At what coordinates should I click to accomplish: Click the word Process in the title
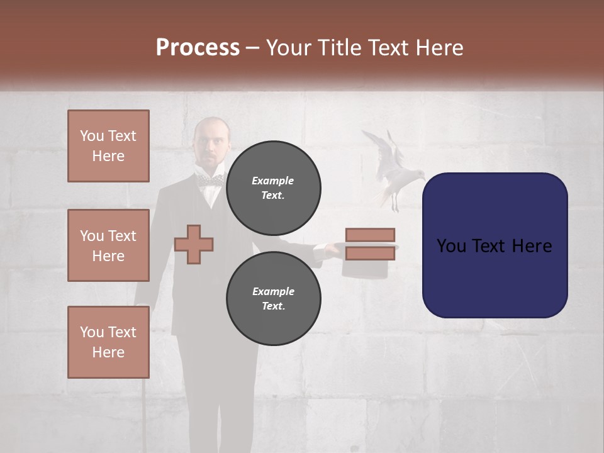[x=198, y=48]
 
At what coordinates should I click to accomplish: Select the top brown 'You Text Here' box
[x=108, y=146]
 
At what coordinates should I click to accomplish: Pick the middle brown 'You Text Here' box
[x=108, y=245]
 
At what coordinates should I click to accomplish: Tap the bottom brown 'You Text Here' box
[x=108, y=342]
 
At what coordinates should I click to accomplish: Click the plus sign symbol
[x=194, y=243]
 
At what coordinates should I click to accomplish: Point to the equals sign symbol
[x=370, y=244]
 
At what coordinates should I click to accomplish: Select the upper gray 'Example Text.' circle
[x=273, y=187]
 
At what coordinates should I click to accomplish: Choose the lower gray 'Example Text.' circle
[x=273, y=298]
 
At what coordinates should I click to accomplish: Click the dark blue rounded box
[x=495, y=245]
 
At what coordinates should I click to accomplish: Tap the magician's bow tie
[x=210, y=181]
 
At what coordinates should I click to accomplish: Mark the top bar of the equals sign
[x=370, y=235]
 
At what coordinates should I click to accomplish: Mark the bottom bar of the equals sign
[x=370, y=253]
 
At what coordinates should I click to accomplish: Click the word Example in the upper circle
[x=273, y=181]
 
